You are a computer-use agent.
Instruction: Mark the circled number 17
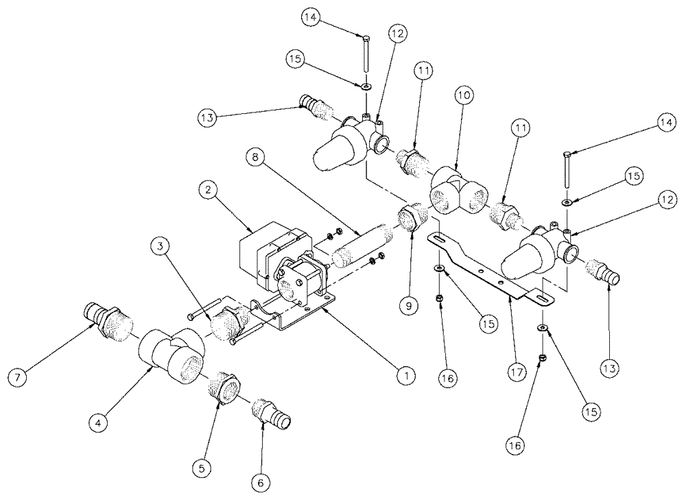tap(515, 372)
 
